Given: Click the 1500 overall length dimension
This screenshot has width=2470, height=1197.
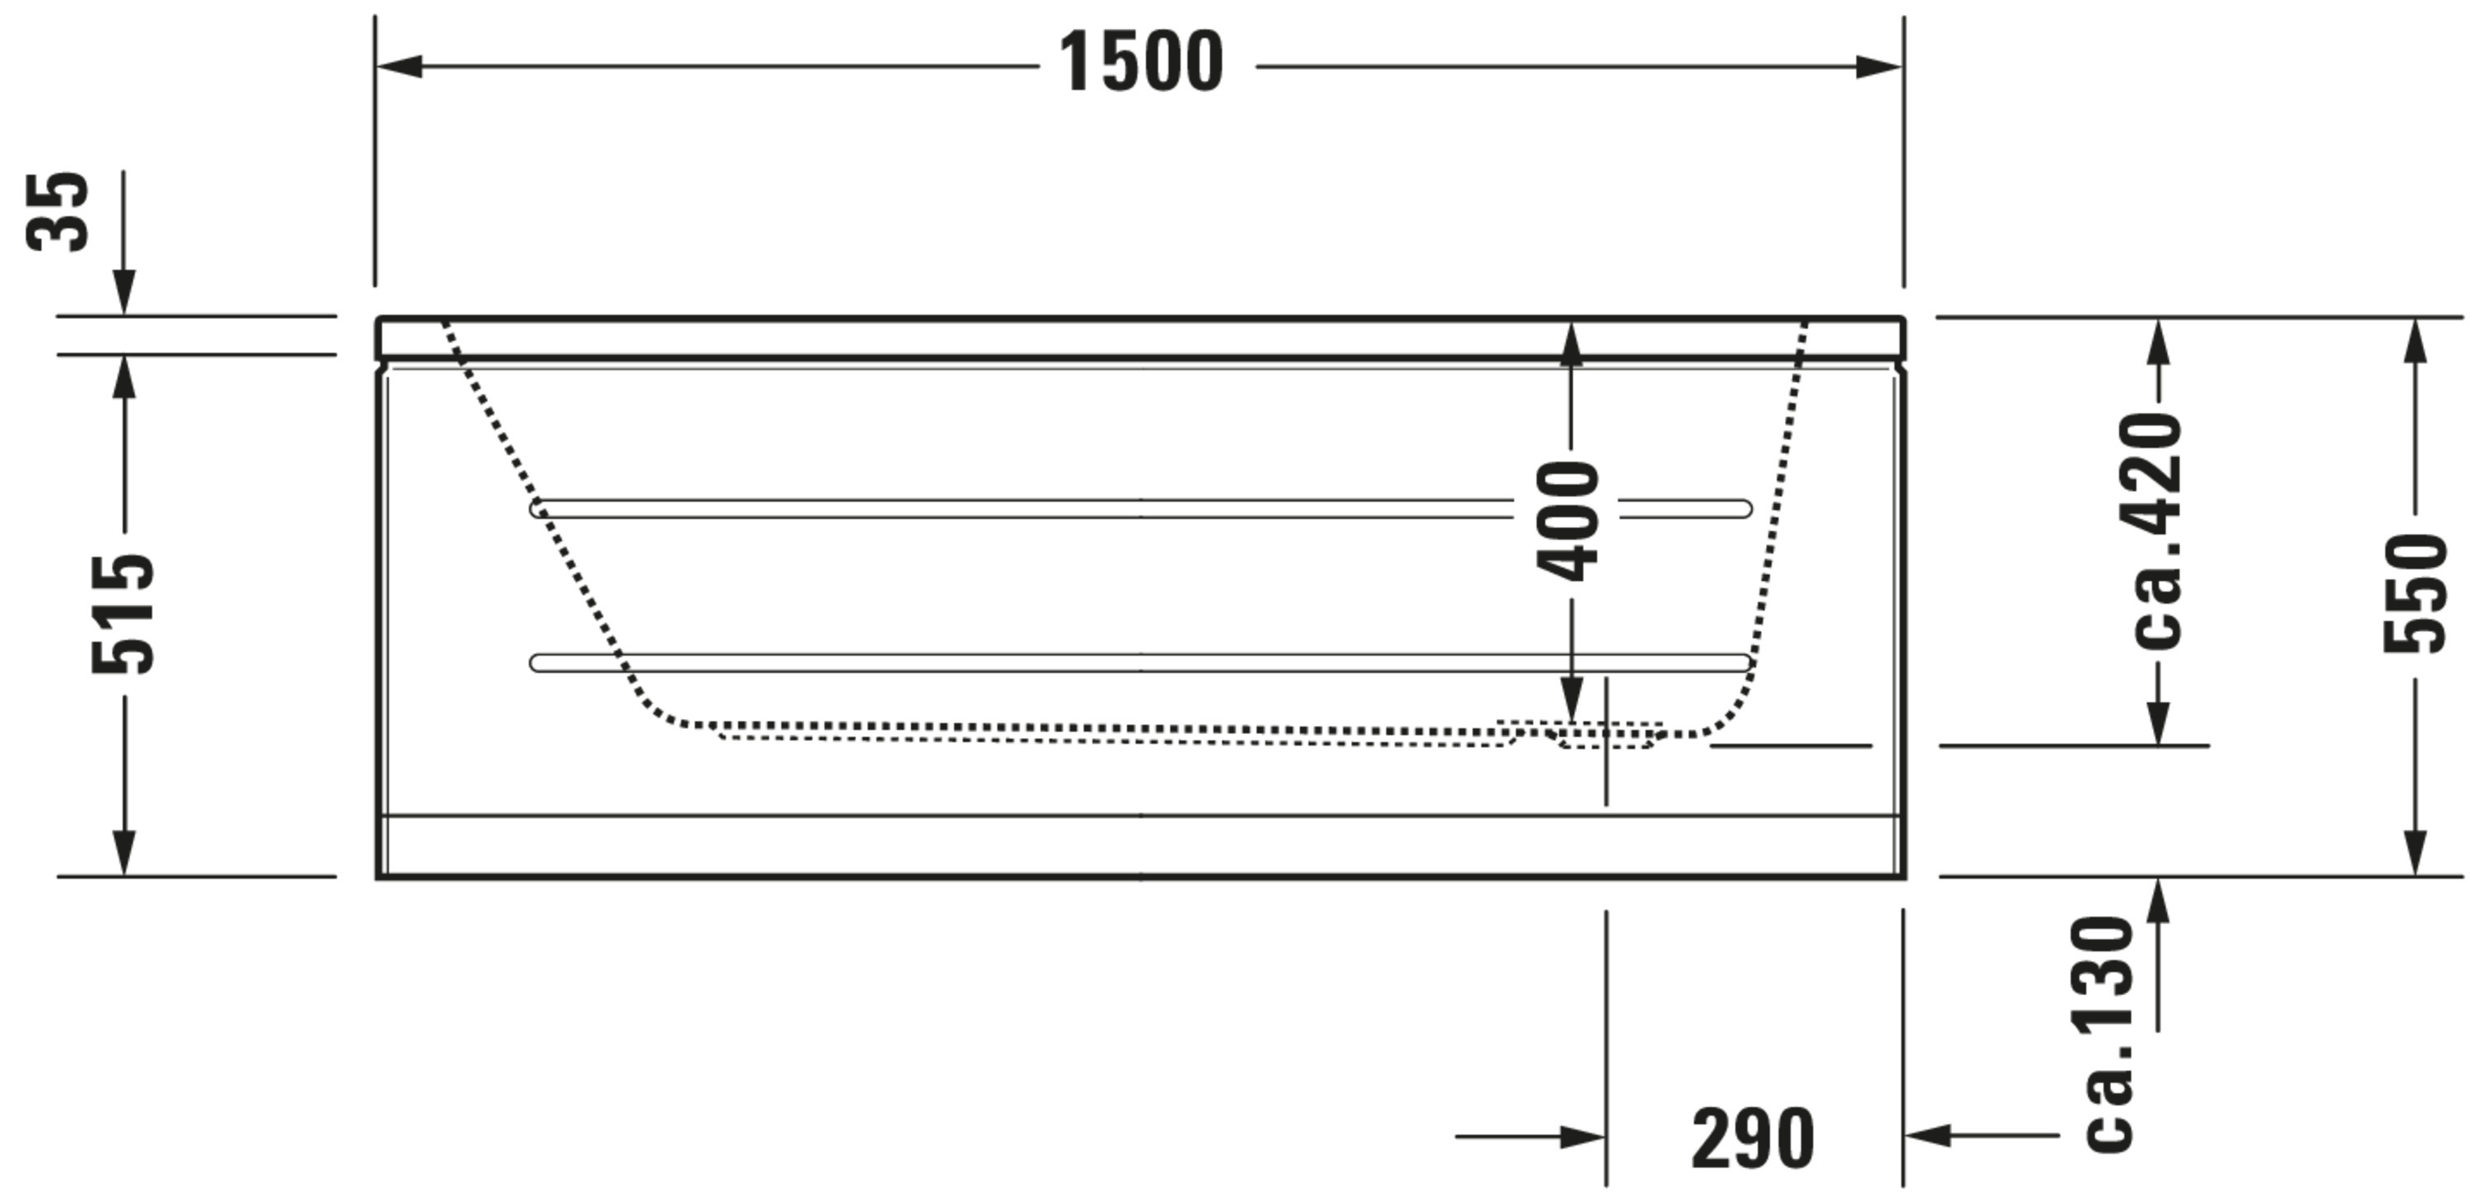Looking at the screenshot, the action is pyautogui.click(x=1141, y=63).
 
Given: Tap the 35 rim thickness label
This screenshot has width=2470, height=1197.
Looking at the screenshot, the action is pyautogui.click(x=58, y=211).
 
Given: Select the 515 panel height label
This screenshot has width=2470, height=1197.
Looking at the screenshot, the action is pyautogui.click(x=122, y=613).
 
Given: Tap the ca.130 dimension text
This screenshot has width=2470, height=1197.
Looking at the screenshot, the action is pyautogui.click(x=2109, y=1035).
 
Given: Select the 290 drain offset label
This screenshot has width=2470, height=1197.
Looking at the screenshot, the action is pyautogui.click(x=1754, y=1139).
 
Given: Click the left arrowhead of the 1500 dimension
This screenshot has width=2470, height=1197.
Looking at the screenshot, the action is pyautogui.click(x=398, y=67).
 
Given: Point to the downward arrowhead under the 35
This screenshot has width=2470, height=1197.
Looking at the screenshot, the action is pyautogui.click(x=123, y=292).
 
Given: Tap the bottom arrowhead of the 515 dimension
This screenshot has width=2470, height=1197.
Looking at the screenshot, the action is pyautogui.click(x=123, y=853).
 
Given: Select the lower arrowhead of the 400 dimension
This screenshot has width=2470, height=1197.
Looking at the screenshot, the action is pyautogui.click(x=1572, y=699).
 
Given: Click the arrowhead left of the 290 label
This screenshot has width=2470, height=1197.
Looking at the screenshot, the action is pyautogui.click(x=1583, y=1138).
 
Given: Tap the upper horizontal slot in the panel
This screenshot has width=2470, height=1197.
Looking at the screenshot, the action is pyautogui.click(x=1141, y=508).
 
